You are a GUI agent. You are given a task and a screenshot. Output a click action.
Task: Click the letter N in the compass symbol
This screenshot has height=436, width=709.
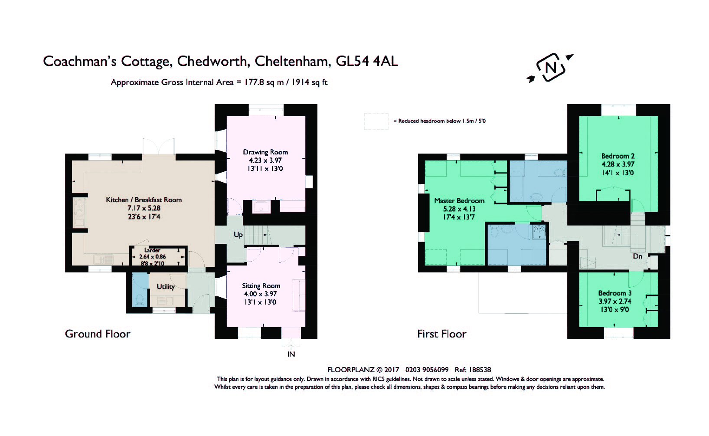pyautogui.click(x=550, y=67)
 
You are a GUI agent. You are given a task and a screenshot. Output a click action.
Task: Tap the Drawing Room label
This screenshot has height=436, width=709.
pyautogui.click(x=265, y=152)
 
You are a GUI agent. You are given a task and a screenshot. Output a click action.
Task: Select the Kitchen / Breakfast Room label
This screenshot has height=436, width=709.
pyautogui.click(x=144, y=200)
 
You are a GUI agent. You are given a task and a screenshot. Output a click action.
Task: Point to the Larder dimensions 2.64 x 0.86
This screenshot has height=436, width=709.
pyautogui.click(x=153, y=256)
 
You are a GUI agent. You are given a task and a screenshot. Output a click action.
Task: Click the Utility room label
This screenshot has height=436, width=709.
pyautogui.click(x=166, y=287)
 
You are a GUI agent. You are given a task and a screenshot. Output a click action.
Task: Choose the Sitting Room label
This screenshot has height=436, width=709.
pyautogui.click(x=261, y=285)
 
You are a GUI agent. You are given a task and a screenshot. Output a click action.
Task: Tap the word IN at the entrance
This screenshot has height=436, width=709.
pyautogui.click(x=291, y=354)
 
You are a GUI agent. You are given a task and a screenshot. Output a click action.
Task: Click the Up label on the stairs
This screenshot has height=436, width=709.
pyautogui.click(x=238, y=235)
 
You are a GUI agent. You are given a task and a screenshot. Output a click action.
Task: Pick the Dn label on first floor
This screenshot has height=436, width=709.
pyautogui.click(x=637, y=256)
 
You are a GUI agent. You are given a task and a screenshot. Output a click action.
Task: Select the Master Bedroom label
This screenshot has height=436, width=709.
pyautogui.click(x=459, y=200)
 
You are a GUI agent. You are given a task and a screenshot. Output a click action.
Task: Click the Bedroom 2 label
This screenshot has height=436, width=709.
pyautogui.click(x=618, y=156)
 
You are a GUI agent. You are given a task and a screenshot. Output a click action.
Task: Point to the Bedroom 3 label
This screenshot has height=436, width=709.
pyautogui.click(x=614, y=293)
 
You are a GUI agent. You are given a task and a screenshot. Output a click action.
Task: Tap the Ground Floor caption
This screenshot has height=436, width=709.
pyautogui.click(x=98, y=334)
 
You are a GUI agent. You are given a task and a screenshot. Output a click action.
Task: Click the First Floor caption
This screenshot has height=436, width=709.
pyautogui.click(x=442, y=334)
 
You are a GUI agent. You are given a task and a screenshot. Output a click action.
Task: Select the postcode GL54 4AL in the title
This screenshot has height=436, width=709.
pyautogui.click(x=366, y=61)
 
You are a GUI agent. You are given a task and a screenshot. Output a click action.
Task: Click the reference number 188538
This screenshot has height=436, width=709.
pyautogui.click(x=480, y=370)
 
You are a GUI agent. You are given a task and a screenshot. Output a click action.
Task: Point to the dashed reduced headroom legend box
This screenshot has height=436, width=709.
pyautogui.click(x=376, y=121)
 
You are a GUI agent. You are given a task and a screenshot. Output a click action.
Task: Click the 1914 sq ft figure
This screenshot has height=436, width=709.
pyautogui.click(x=309, y=82)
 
